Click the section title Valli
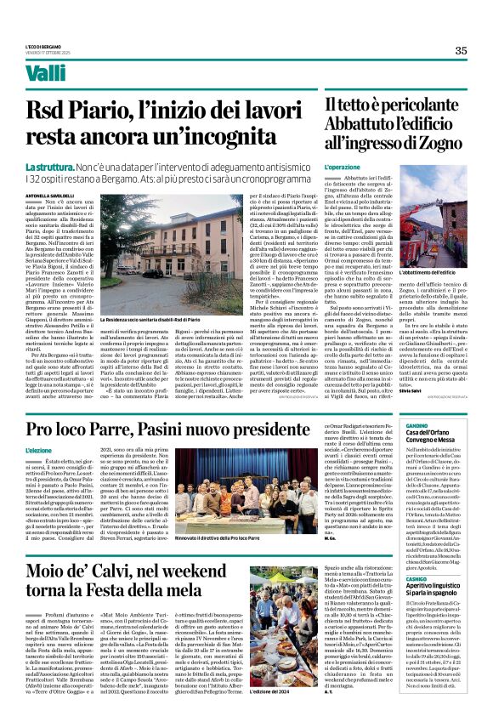click(46, 74)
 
